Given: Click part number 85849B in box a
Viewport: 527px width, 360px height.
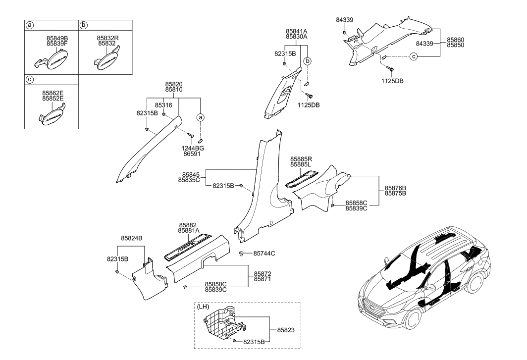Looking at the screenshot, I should click(57, 37).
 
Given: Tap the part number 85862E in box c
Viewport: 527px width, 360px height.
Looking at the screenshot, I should click(57, 92).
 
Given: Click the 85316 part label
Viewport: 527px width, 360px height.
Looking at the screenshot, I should click(163, 105).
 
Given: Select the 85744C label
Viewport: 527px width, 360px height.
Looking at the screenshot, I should click(264, 254).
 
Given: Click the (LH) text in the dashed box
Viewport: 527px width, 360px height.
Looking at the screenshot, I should click(203, 307).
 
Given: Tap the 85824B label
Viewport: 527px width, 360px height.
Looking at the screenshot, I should click(132, 238).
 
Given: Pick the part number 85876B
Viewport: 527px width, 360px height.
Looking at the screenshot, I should click(396, 188).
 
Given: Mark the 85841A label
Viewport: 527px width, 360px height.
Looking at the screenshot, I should click(296, 31).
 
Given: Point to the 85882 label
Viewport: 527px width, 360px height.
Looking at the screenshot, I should click(189, 224).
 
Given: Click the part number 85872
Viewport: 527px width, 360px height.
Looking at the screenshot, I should click(263, 274).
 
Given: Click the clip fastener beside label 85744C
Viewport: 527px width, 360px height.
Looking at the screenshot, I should click(241, 254).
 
